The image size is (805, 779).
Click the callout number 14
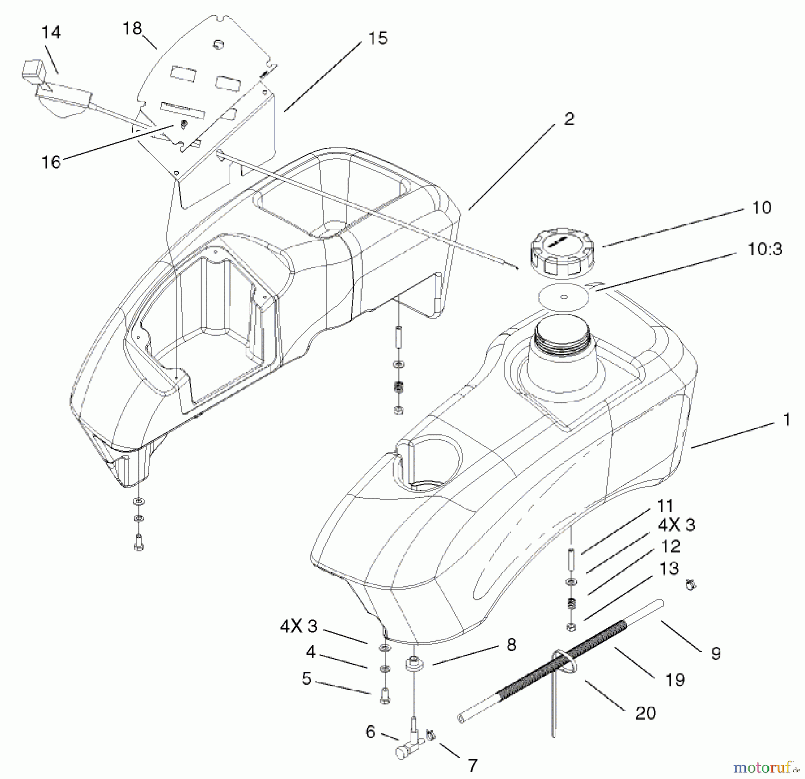(51, 32)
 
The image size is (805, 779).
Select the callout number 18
(132, 28)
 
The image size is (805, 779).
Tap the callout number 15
(377, 38)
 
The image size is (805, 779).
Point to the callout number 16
(51, 162)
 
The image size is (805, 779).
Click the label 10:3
(765, 250)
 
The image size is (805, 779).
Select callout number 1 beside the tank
(787, 420)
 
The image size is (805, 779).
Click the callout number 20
(645, 713)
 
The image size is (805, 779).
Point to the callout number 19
(674, 680)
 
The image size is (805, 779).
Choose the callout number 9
(716, 653)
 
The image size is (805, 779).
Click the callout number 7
(472, 765)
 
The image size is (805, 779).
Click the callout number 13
(669, 568)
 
